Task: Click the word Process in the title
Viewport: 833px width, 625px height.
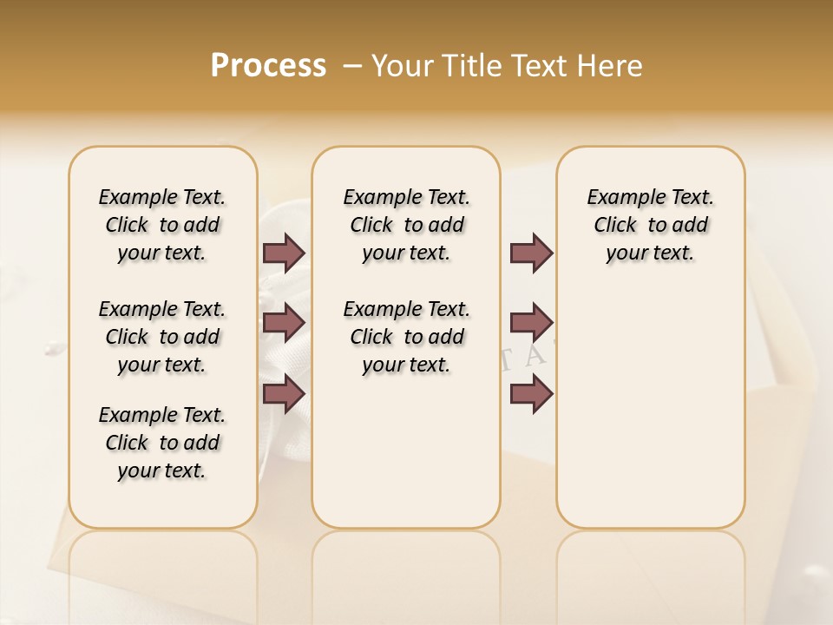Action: coord(268,66)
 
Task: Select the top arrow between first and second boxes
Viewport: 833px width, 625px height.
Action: coord(284,253)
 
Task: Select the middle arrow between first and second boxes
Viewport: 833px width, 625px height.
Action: coord(284,323)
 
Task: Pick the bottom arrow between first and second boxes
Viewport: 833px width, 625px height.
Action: coord(284,394)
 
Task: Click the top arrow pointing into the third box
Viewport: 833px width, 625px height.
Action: coord(531,253)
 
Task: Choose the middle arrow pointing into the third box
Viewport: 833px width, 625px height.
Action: coord(531,323)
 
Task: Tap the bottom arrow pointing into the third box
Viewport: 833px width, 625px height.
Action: coord(531,394)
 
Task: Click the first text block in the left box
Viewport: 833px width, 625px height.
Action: coord(162,225)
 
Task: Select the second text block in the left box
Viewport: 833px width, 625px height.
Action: coord(162,337)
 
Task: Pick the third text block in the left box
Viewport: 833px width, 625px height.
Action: coord(162,443)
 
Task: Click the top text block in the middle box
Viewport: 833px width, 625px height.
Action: coord(406,225)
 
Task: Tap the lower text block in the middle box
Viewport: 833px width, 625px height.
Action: coord(406,337)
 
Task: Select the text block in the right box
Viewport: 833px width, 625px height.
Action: coord(650,225)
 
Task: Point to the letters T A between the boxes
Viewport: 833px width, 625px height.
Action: coord(525,357)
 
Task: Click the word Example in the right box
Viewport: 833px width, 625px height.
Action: coord(619,197)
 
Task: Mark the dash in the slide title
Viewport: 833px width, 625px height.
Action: coord(352,67)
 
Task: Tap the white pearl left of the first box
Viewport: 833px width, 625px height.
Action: coord(52,349)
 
